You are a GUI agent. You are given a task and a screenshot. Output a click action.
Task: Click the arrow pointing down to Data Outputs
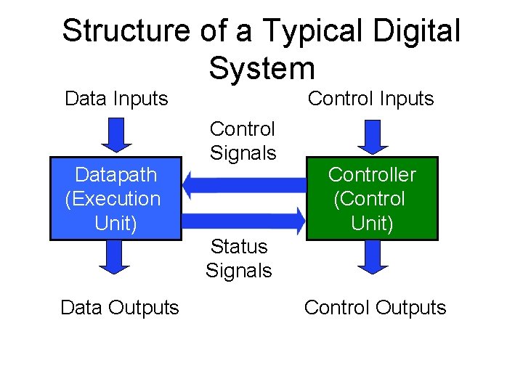pyautogui.click(x=114, y=257)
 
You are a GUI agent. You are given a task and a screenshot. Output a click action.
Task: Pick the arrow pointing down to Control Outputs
pyautogui.click(x=371, y=257)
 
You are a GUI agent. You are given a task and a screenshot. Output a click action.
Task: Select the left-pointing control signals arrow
pyautogui.click(x=244, y=181)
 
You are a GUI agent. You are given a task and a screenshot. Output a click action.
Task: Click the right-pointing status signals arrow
pyautogui.click(x=244, y=216)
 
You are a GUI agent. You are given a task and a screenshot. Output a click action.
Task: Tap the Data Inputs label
pyautogui.click(x=116, y=98)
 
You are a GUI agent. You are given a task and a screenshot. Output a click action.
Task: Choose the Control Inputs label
pyautogui.click(x=370, y=98)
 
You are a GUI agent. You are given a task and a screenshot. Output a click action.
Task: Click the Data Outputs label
pyautogui.click(x=119, y=308)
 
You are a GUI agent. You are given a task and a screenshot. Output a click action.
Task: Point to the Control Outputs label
pyautogui.click(x=375, y=308)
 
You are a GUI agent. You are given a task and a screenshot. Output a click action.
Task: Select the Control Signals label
pyautogui.click(x=243, y=141)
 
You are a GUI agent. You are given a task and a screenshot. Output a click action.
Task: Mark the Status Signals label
pyautogui.click(x=238, y=258)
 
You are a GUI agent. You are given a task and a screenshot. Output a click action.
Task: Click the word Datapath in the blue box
pyautogui.click(x=116, y=175)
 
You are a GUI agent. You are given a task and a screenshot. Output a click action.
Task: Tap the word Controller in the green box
pyautogui.click(x=372, y=174)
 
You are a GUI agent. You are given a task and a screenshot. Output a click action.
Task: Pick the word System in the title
pyautogui.click(x=261, y=68)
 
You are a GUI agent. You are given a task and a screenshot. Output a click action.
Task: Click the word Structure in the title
pyautogui.click(x=124, y=31)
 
